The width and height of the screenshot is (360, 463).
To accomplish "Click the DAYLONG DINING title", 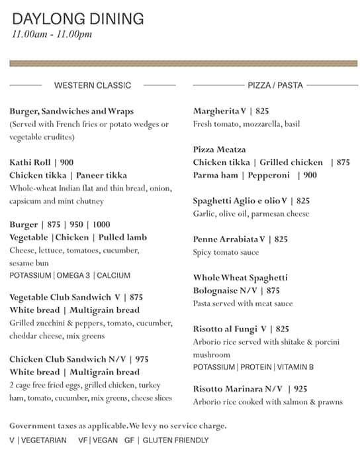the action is pos(77,19).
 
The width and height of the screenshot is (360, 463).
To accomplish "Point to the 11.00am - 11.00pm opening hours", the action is pos(52,34).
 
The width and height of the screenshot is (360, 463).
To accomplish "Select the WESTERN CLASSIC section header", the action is pos(93,85).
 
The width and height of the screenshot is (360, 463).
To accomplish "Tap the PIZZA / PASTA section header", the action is pos(275,85).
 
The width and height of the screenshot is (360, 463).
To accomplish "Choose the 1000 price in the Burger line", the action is pos(101,225).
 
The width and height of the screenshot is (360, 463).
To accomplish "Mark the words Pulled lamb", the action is pos(122,237).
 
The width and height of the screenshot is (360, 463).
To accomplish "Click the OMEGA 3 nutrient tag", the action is pos(73,275).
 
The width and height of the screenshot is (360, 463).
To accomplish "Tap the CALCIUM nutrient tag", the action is pos(113,275).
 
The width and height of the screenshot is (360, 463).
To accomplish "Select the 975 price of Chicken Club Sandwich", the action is pos(142,359).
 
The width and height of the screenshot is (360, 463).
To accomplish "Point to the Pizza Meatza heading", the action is pos(219,150).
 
